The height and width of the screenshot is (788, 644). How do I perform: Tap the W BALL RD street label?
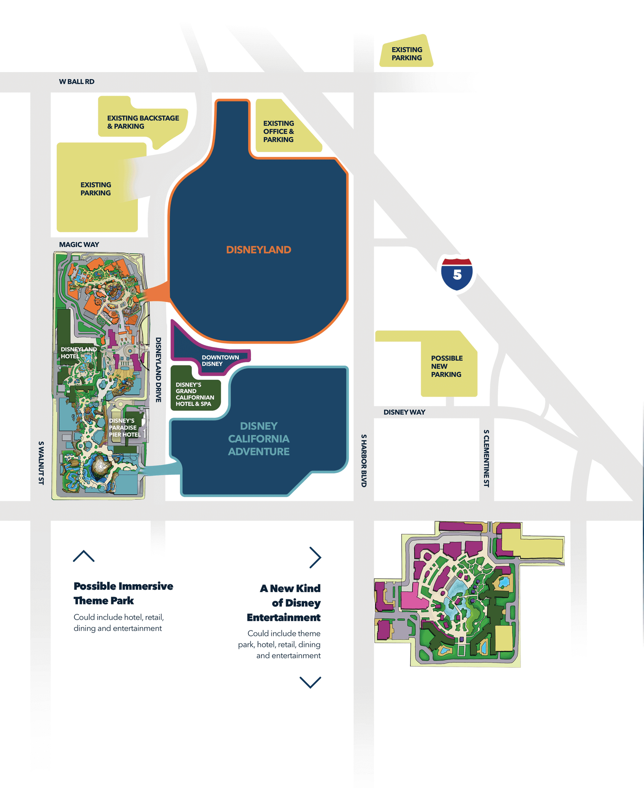77,82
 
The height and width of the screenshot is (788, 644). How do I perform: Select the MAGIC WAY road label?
79,245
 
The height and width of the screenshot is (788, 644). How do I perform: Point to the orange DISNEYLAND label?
258,250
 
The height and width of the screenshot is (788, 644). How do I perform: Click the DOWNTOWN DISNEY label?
220,361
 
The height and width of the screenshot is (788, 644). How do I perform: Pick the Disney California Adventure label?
259,439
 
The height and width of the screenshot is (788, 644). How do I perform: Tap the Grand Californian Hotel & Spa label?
195,394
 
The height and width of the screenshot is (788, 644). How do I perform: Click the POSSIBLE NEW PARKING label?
447,366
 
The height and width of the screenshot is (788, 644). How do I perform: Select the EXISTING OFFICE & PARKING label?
278,132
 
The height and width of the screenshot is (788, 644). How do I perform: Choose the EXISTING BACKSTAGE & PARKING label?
143,122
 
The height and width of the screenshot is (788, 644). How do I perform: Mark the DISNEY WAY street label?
404,412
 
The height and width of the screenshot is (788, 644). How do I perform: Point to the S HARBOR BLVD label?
364,461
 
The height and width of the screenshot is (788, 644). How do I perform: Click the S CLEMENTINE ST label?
486,458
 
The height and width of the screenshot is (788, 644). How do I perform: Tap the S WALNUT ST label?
41,463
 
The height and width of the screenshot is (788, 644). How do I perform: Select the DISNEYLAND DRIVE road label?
158,370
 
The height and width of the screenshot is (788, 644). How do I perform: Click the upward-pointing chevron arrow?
84,556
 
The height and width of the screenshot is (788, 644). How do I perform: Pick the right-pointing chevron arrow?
315,558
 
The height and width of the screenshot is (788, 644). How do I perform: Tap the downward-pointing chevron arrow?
310,682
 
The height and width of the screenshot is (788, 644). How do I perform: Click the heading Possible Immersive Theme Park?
123,593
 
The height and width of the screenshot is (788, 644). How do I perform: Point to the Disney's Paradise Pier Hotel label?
124,427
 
